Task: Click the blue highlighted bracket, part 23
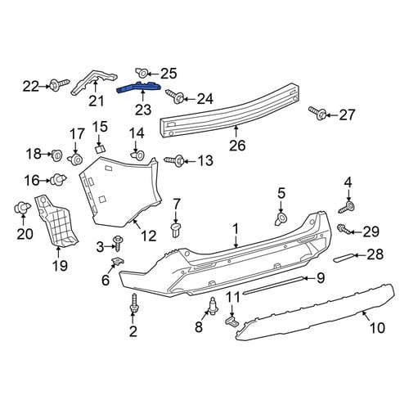[139, 88]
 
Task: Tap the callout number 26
[237, 145]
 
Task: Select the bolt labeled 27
[317, 113]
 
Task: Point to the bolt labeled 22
[60, 84]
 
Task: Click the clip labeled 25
[142, 72]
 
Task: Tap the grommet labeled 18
[56, 155]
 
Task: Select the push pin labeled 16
[58, 179]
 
